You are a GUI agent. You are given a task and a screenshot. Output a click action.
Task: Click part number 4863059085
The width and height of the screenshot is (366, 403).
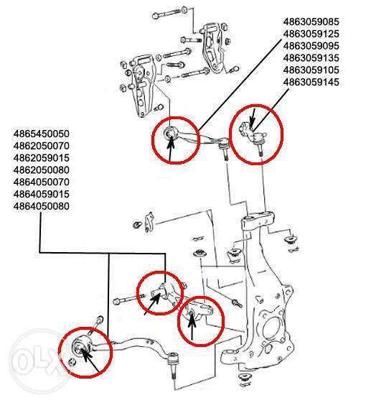(311, 22)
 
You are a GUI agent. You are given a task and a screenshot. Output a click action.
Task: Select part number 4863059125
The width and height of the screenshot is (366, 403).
(311, 34)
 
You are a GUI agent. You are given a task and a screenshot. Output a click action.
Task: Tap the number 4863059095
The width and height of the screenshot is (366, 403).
(311, 46)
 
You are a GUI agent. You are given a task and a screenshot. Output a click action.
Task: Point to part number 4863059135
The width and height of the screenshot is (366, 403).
(311, 58)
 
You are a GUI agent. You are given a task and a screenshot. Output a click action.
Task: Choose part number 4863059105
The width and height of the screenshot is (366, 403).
(311, 70)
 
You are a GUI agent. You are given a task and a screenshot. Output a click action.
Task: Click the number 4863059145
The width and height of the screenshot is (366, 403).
(311, 82)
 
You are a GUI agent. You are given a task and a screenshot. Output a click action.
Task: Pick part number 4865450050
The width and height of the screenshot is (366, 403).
(42, 134)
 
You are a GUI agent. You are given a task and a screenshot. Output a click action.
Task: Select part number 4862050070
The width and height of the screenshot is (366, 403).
(42, 146)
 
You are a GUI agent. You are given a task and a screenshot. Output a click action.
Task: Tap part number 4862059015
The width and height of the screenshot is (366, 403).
(42, 158)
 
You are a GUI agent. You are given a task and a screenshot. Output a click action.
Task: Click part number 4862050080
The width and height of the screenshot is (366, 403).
(42, 170)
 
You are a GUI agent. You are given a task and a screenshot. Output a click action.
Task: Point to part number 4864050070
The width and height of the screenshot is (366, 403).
(42, 182)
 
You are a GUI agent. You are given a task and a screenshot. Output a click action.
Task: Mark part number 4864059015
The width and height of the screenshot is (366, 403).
(42, 194)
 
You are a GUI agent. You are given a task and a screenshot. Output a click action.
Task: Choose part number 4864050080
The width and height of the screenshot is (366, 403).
(42, 206)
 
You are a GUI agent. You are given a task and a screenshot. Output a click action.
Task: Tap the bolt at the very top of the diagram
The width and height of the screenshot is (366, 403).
(169, 13)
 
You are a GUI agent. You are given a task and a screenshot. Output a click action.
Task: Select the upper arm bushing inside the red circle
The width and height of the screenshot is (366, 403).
(169, 134)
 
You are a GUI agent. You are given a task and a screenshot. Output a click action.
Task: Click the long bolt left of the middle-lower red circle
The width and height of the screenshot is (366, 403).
(125, 300)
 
